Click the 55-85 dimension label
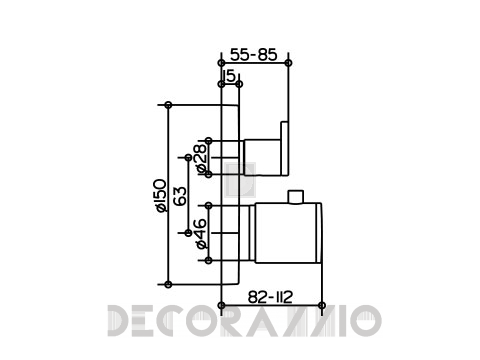click(x=254, y=55)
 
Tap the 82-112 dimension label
click(x=270, y=297)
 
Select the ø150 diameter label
click(x=161, y=196)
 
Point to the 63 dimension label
click(x=180, y=196)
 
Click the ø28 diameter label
click(x=201, y=159)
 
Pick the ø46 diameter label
click(x=201, y=234)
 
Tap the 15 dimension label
click(x=230, y=76)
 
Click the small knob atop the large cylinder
click(x=296, y=197)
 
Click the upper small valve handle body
click(x=263, y=157)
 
